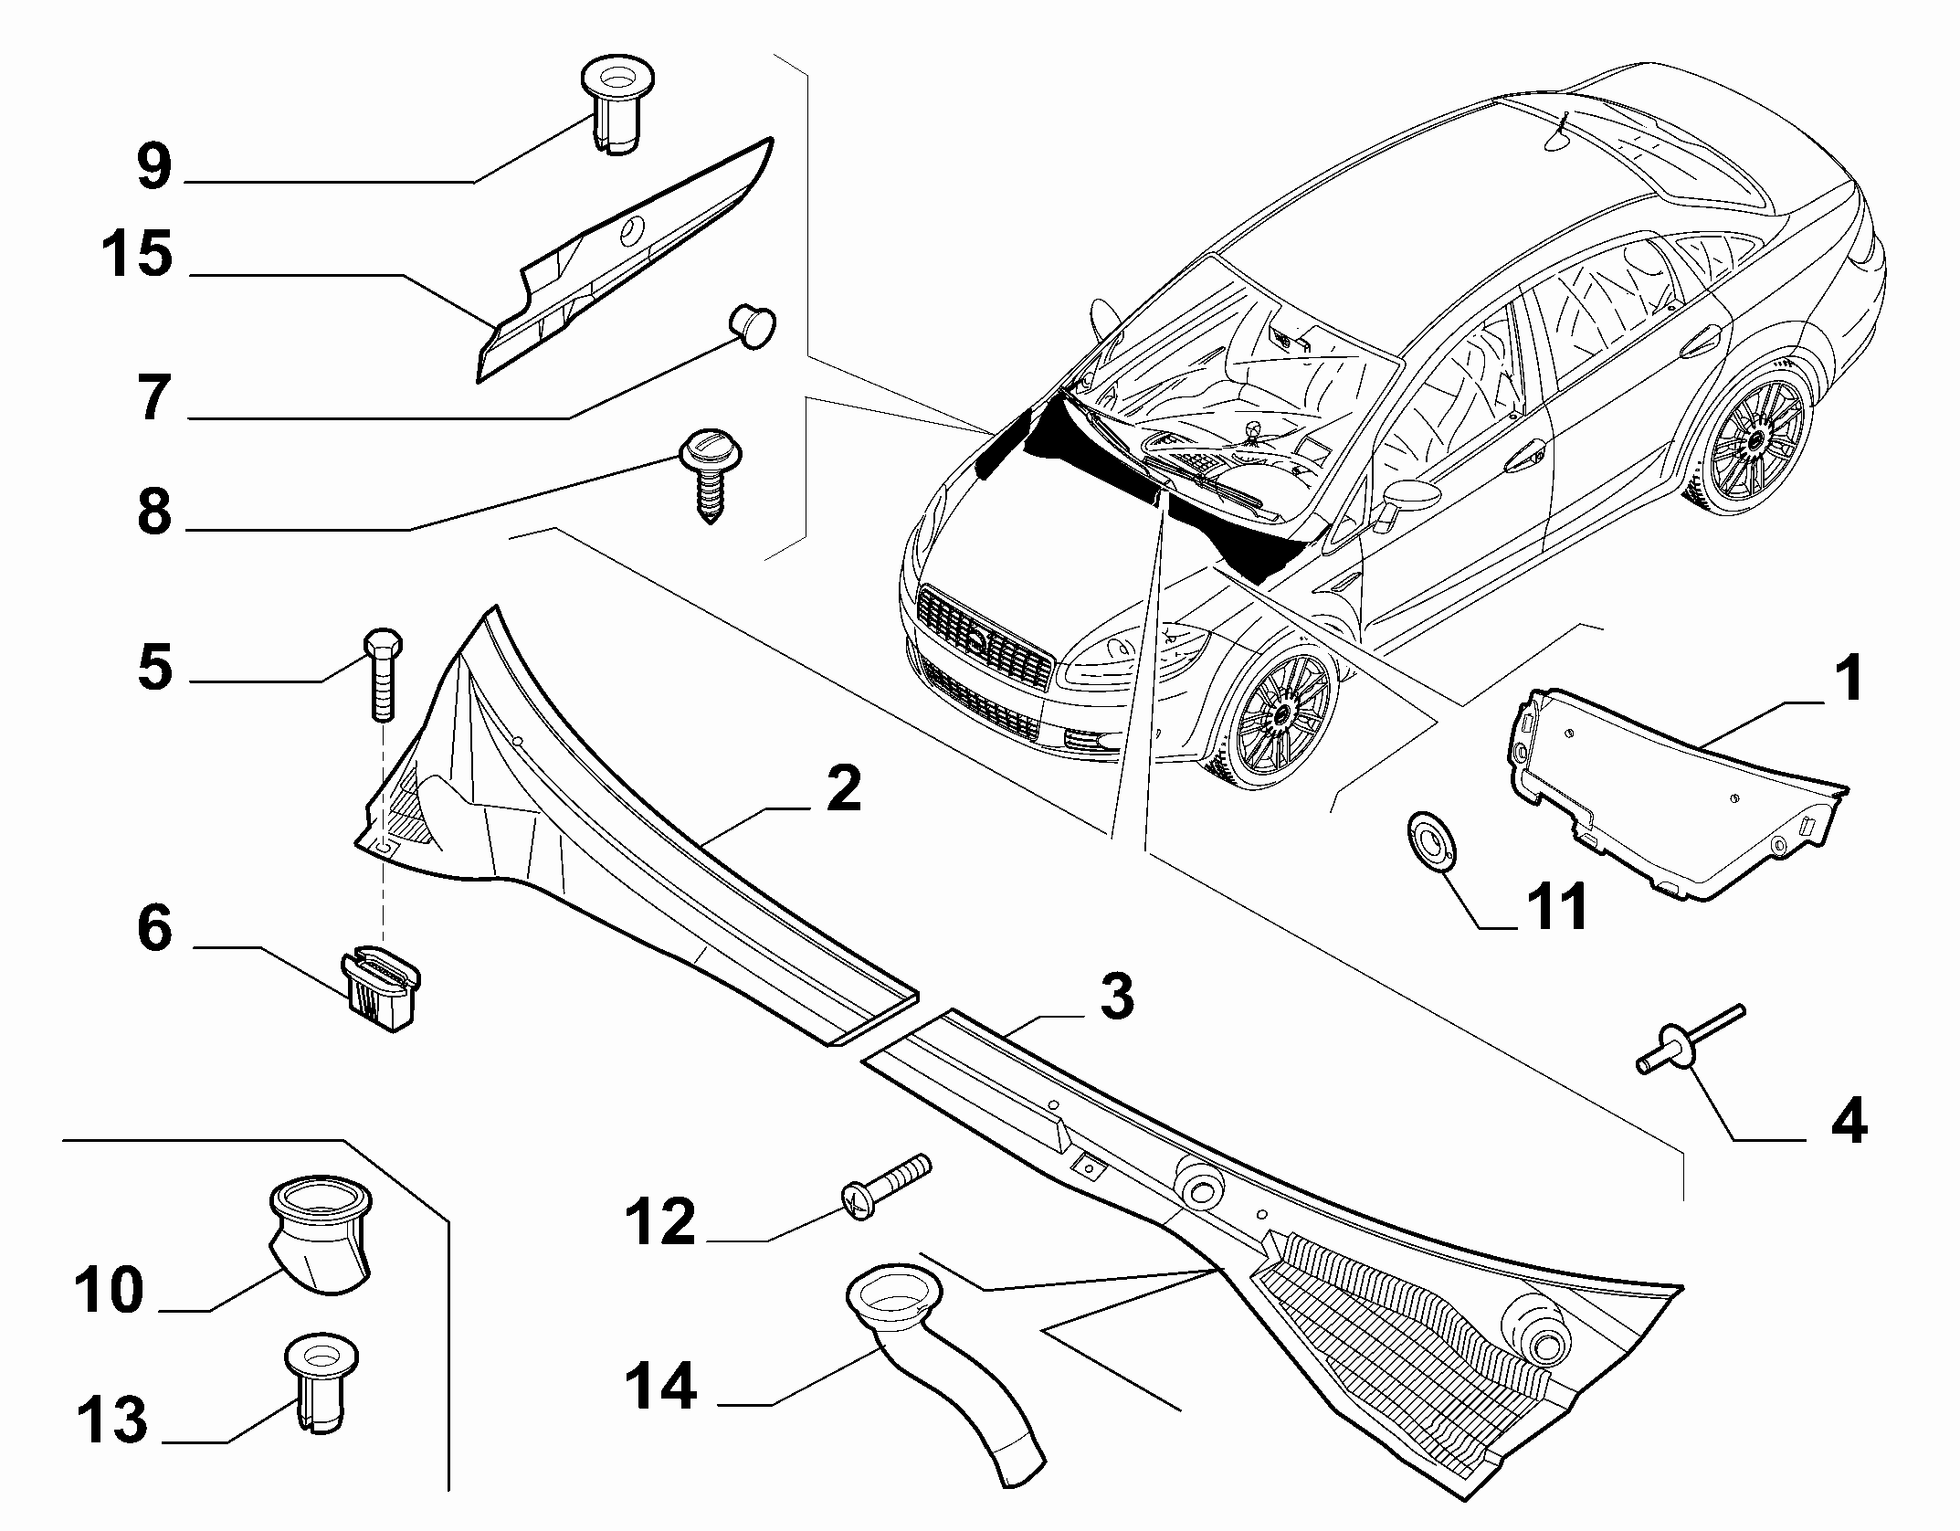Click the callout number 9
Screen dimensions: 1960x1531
(x=154, y=166)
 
